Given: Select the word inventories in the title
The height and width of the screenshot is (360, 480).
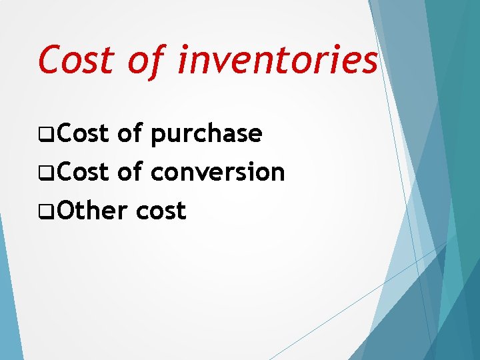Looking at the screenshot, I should click(279, 60).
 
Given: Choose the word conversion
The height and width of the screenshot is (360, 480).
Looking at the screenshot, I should click(218, 173).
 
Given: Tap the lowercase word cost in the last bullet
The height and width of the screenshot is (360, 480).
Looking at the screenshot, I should click(161, 212).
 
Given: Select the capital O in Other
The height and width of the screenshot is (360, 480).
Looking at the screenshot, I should click(65, 211).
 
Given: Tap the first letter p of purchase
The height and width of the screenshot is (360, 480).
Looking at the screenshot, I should click(158, 137).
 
